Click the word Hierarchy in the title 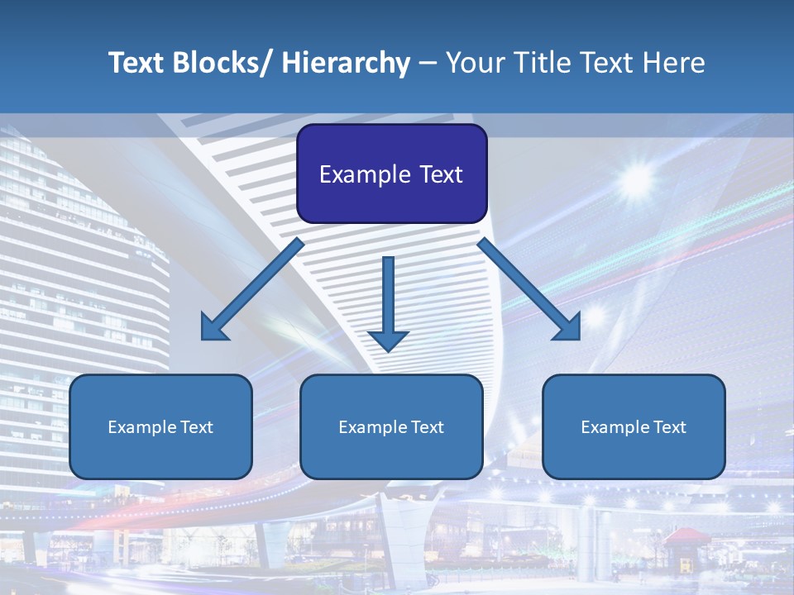click(x=346, y=63)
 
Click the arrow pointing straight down click(x=388, y=297)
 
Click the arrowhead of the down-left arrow click(x=214, y=328)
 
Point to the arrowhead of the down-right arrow click(x=568, y=328)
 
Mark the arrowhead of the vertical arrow click(x=388, y=340)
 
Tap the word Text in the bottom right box click(x=669, y=427)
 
